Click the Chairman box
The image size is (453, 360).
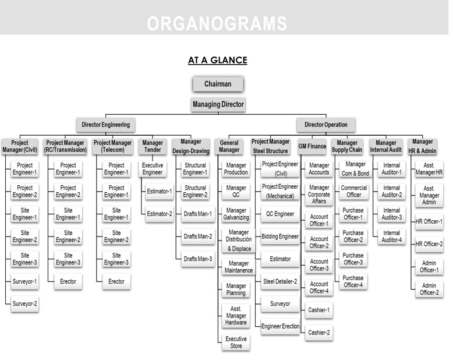(x=218, y=84)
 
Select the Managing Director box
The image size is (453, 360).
(x=218, y=104)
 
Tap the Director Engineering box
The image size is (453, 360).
(x=105, y=125)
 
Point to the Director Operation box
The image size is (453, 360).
(x=326, y=125)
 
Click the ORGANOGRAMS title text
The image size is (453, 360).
(x=217, y=23)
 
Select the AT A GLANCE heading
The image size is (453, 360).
(x=218, y=60)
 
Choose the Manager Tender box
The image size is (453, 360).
(x=153, y=146)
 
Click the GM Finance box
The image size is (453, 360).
(x=312, y=146)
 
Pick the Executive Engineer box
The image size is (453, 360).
(x=153, y=169)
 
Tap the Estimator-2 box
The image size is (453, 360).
(x=159, y=214)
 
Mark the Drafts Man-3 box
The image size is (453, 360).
(x=198, y=259)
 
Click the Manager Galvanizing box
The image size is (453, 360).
(x=236, y=214)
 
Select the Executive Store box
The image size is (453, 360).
(x=236, y=343)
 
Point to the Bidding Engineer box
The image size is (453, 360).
(x=280, y=237)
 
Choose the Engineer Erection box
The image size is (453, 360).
(x=280, y=326)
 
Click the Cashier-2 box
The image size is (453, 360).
(x=319, y=333)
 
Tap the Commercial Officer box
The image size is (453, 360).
(x=353, y=191)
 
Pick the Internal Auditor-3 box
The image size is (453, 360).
(x=391, y=214)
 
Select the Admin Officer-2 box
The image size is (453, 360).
(x=429, y=289)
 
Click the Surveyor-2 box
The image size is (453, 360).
(x=24, y=304)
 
